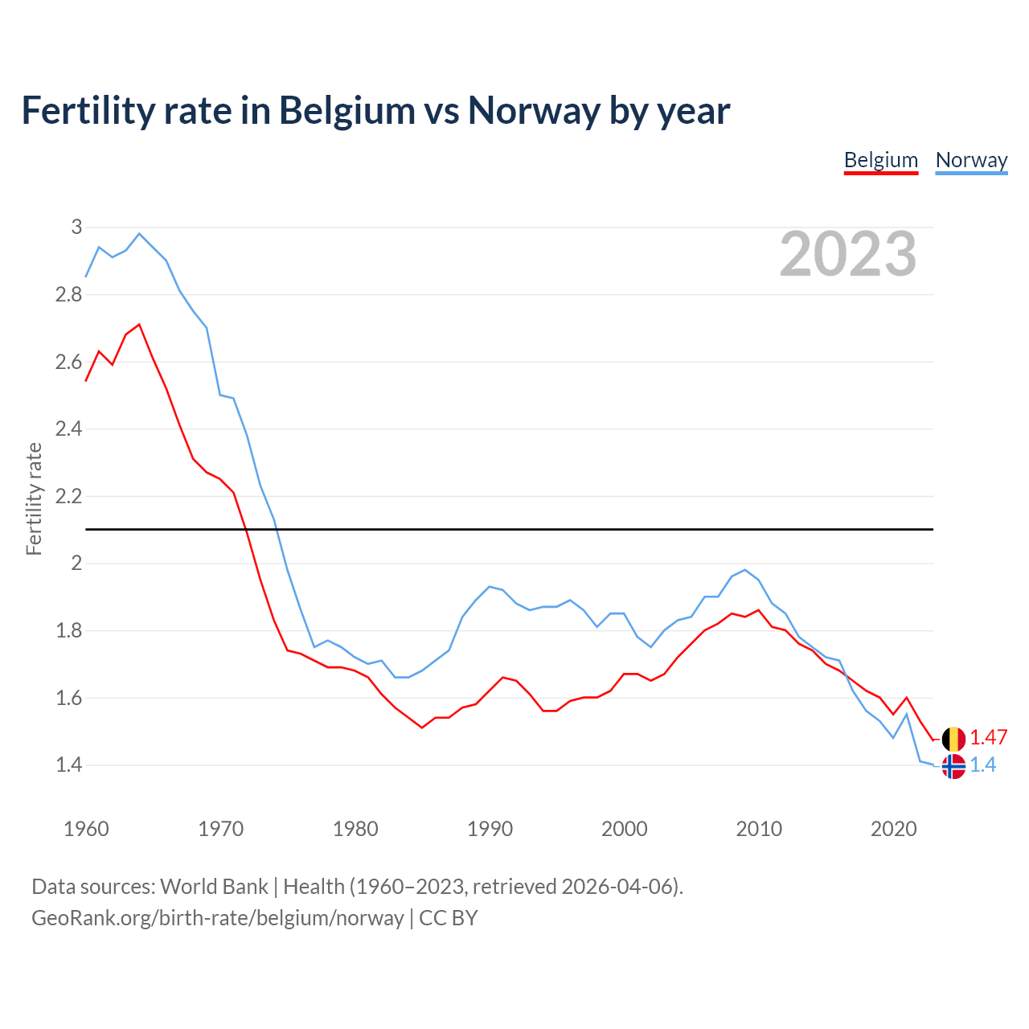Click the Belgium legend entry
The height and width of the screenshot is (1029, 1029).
click(x=880, y=160)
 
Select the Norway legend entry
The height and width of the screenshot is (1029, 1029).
click(x=971, y=160)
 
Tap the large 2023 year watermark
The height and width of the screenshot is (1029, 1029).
click(x=848, y=254)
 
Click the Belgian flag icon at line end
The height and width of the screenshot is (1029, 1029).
click(x=953, y=739)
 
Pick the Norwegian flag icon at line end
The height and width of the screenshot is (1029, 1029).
click(x=953, y=766)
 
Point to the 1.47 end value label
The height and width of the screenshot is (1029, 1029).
click(x=988, y=738)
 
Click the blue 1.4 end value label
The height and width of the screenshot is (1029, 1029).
click(x=982, y=765)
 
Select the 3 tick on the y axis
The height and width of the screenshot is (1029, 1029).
click(x=77, y=228)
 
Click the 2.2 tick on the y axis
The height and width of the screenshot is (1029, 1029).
click(x=69, y=496)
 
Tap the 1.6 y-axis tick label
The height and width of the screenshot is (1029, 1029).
click(x=69, y=698)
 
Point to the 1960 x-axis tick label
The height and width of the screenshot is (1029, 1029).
click(x=86, y=829)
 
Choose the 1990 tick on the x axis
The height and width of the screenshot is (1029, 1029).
click(x=490, y=829)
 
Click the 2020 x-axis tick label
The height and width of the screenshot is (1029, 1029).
click(x=893, y=829)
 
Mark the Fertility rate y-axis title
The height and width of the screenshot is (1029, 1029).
click(x=34, y=498)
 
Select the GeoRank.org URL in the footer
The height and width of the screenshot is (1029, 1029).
click(x=217, y=918)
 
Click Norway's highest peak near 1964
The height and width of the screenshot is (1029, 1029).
click(x=139, y=234)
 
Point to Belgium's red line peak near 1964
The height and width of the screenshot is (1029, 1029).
click(x=139, y=325)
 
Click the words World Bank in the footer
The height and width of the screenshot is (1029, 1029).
click(x=214, y=887)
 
